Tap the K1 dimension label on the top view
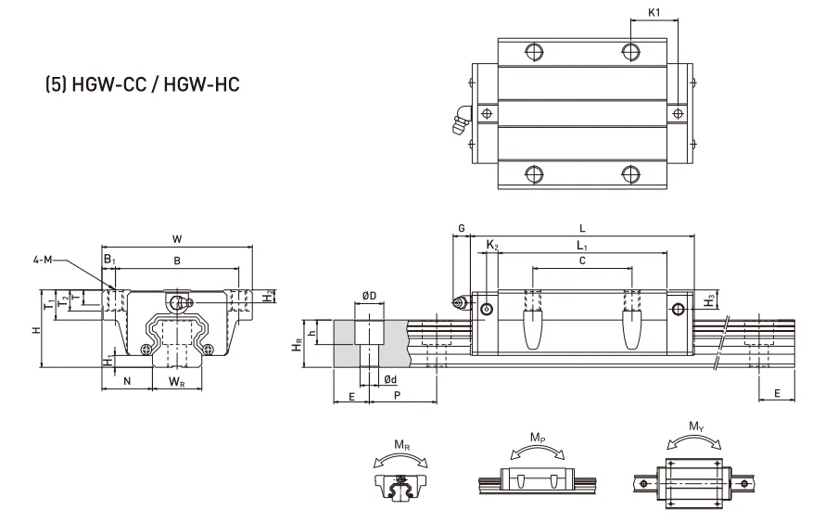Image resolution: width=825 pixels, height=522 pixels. (x=655, y=14)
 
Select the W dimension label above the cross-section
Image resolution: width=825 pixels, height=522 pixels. (x=176, y=238)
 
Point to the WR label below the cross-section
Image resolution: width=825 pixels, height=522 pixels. (x=176, y=381)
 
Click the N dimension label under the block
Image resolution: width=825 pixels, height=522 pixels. (x=127, y=381)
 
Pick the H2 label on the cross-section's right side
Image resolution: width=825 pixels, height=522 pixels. (x=269, y=298)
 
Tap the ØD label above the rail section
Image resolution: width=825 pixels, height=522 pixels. (x=368, y=296)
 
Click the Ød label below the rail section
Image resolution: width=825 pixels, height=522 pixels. (x=390, y=379)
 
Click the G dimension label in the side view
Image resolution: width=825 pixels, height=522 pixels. (x=461, y=227)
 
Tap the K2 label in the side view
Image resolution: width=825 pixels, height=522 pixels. (x=492, y=246)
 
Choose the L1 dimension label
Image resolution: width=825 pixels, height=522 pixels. (x=581, y=246)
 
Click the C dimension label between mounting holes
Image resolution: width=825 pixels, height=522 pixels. (x=581, y=261)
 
